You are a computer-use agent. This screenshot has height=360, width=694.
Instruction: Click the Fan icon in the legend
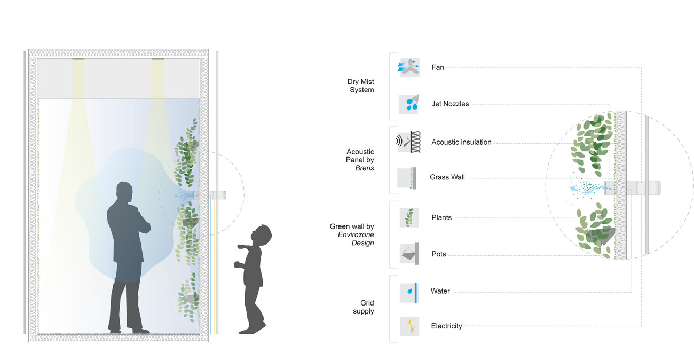click(409, 68)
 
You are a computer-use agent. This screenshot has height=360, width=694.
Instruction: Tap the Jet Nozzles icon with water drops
click(409, 104)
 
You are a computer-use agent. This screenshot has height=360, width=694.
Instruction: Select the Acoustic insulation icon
click(409, 143)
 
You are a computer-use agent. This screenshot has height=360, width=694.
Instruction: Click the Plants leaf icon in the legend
click(409, 218)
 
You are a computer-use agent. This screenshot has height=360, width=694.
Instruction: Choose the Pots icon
click(409, 254)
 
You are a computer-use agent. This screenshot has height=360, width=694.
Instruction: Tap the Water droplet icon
click(409, 292)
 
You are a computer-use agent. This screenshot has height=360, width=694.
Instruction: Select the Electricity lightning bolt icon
click(409, 326)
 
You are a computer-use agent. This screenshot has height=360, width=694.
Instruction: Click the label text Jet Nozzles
click(450, 104)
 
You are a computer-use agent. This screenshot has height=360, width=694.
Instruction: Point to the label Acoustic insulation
click(461, 142)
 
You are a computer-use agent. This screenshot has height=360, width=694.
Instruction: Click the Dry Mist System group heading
click(361, 85)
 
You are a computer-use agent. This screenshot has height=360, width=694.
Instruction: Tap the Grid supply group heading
click(364, 307)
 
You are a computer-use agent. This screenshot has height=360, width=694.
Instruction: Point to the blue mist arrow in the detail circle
click(573, 188)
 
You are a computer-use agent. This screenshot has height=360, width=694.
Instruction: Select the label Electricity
click(446, 326)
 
